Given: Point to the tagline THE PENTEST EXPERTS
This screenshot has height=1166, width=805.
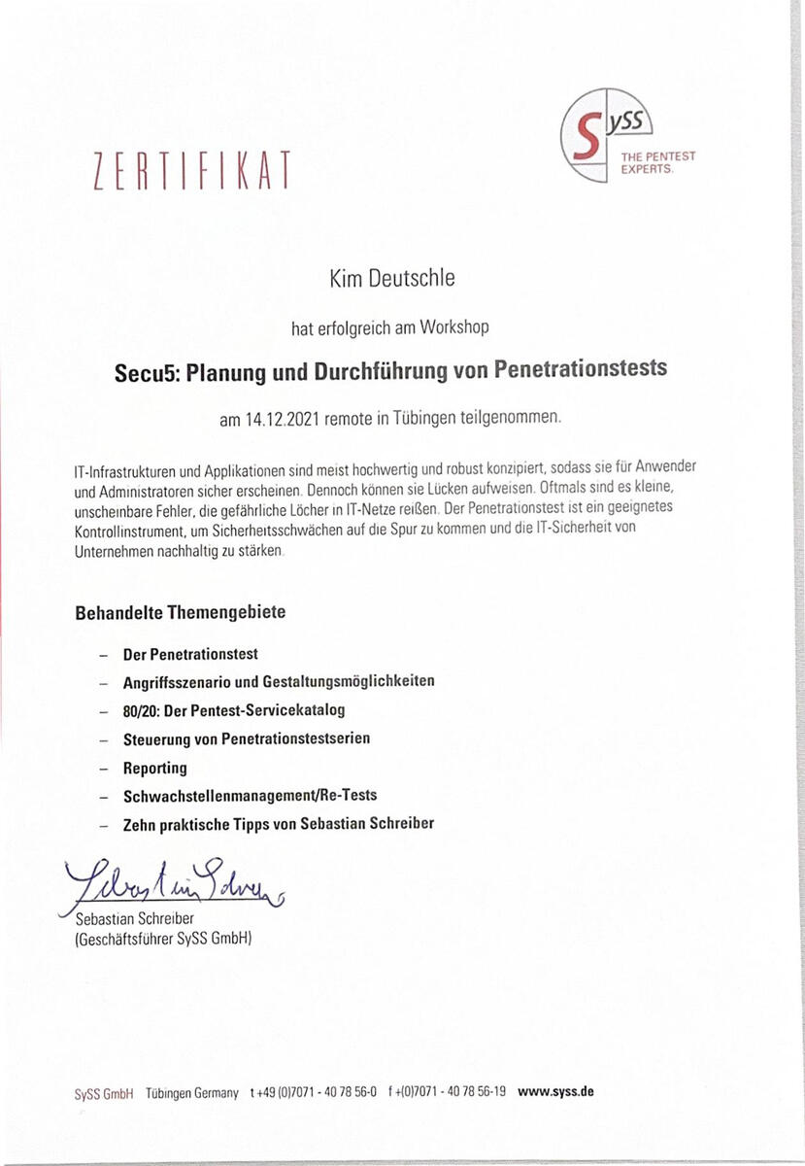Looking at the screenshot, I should point(658,162).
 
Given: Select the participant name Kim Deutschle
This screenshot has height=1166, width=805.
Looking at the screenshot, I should point(392,280).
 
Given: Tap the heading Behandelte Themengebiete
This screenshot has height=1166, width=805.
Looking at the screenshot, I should point(180,613).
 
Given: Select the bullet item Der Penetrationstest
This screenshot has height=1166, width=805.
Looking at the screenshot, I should point(190,654).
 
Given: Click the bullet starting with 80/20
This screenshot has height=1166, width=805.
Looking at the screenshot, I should point(234,710).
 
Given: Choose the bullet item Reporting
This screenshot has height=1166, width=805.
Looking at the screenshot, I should point(155,768).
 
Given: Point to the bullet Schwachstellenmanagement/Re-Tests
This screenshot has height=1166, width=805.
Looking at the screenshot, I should point(251,795).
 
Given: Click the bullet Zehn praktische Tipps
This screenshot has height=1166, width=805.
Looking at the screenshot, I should point(279,823).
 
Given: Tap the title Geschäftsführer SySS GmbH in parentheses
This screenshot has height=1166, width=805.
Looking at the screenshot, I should point(163,939).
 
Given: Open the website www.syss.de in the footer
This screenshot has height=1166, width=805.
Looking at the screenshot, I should point(555,1091).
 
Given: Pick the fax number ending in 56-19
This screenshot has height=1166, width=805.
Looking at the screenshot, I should point(447,1092).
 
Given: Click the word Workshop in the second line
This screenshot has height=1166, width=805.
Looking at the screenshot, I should point(454,327).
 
